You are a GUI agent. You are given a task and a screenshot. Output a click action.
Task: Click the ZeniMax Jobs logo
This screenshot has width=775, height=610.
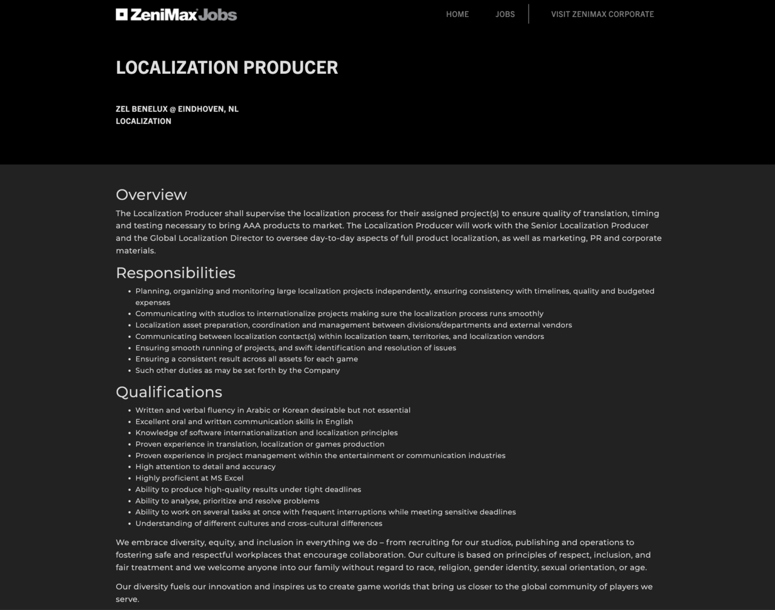point(176,15)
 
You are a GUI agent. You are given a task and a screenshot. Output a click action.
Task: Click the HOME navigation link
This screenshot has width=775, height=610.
point(457,14)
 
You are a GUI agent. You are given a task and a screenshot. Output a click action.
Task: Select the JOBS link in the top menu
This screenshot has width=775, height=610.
point(505,14)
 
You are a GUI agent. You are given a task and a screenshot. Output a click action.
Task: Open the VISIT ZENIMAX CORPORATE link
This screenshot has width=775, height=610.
point(602,14)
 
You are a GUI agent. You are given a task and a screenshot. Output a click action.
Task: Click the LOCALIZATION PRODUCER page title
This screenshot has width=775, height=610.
point(227,67)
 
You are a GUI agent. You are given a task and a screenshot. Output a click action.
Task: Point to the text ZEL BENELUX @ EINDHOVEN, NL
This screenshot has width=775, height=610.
point(177,109)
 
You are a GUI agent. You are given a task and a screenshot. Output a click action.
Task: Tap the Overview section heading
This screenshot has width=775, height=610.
point(151,195)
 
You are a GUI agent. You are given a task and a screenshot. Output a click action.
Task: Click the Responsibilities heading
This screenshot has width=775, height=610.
point(176,273)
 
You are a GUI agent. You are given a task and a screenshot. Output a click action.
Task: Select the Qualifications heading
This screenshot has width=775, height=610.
point(169,392)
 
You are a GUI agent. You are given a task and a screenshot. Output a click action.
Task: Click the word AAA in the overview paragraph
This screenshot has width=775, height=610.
point(243,226)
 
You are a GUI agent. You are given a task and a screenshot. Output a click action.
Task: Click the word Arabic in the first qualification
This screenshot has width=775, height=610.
point(258,410)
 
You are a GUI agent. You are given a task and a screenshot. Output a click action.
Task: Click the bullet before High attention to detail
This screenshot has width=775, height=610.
point(130,467)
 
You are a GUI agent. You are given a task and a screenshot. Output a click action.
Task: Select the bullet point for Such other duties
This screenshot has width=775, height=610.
point(130,371)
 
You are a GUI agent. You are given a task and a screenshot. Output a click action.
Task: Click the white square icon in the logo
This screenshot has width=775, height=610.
point(122,15)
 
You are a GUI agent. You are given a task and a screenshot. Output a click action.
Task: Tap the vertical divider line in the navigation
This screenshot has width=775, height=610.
point(529,14)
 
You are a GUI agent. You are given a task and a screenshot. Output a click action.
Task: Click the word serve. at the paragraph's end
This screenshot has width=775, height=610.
point(127,599)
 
